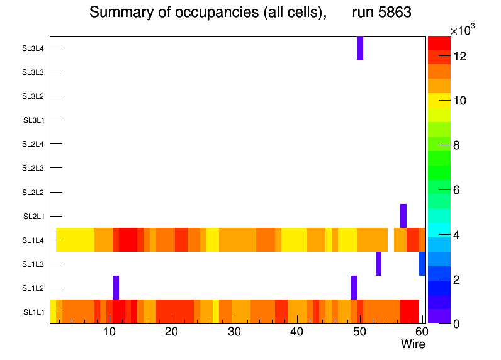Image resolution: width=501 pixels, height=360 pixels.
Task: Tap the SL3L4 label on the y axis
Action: tap(33, 48)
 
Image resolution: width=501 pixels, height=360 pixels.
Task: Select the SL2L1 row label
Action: tap(33, 217)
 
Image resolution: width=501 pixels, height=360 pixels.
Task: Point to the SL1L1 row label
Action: tap(33, 312)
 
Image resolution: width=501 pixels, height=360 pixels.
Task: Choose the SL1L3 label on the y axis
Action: tap(33, 264)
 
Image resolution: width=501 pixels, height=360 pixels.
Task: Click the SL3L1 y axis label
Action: tap(33, 120)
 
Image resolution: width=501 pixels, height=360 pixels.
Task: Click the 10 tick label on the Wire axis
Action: tap(109, 332)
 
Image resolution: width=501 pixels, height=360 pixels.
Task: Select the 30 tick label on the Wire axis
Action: tap(234, 332)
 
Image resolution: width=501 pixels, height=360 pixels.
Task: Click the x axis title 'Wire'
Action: tap(413, 344)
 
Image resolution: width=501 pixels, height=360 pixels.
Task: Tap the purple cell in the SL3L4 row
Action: tap(360, 48)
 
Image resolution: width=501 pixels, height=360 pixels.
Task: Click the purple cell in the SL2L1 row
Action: tap(403, 216)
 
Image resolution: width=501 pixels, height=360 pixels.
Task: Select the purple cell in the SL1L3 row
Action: tap(378, 264)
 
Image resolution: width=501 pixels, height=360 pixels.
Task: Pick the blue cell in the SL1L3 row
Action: tap(422, 264)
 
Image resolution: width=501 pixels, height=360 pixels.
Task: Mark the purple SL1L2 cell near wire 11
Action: tap(116, 288)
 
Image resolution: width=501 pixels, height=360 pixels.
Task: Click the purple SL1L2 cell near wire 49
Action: tap(354, 288)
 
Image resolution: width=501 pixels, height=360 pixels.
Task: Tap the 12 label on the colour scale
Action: tap(459, 57)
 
